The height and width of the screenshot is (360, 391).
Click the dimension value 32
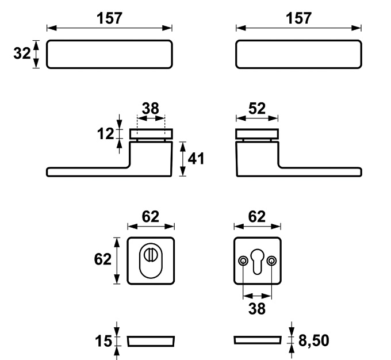21,54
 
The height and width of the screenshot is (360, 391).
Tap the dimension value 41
197,159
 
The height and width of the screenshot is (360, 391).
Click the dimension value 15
103,342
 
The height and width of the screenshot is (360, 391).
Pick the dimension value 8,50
314,341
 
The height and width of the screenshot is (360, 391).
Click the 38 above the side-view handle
151,108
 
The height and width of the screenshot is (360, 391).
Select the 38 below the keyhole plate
257,308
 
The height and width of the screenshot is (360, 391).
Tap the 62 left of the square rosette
103,259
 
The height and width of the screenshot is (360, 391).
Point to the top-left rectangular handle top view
109,55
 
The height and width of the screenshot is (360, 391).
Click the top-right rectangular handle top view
299,55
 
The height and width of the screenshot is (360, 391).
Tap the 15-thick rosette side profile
151,342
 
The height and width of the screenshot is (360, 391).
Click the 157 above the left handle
109,18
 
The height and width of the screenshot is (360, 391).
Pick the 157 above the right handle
299,18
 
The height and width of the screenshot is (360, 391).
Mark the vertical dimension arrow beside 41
183,159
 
